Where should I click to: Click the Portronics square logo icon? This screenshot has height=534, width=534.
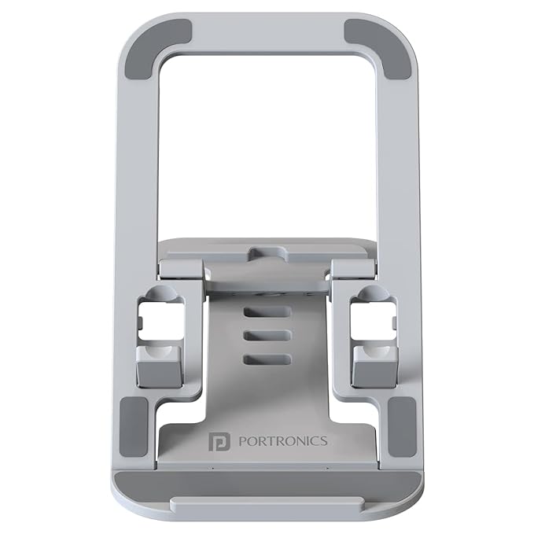coord(219,442)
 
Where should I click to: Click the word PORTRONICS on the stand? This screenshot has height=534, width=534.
coord(283,441)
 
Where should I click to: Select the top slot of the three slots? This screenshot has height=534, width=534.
coord(267,311)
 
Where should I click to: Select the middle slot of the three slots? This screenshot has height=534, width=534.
coord(267,335)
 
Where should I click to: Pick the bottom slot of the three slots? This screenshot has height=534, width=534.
coord(267,359)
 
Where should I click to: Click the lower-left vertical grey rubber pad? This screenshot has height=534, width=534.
coord(134,428)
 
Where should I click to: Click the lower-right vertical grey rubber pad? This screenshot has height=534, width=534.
coord(402,428)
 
